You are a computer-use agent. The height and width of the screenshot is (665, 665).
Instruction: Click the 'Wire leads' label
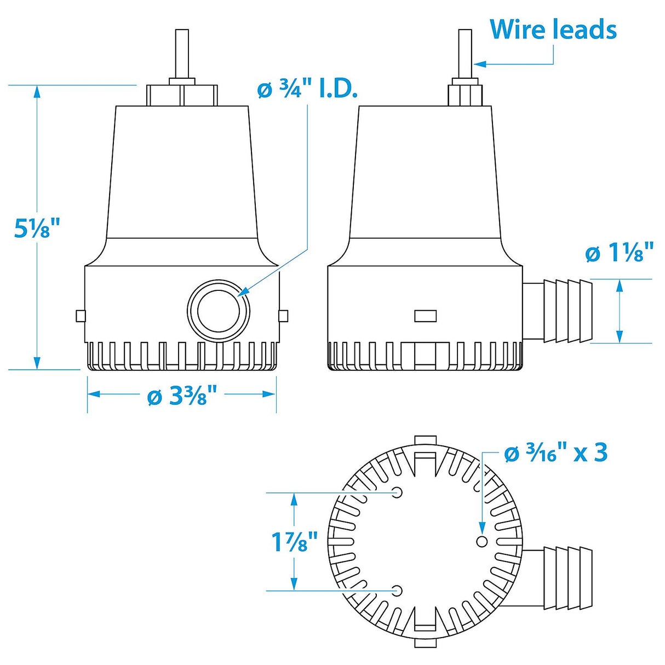tap(553, 30)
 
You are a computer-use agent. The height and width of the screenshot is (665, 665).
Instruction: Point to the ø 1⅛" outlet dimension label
tap(619, 253)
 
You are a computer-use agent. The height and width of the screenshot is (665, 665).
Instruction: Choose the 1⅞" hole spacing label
tap(295, 542)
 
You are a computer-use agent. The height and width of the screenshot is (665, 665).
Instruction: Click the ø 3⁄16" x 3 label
tap(555, 454)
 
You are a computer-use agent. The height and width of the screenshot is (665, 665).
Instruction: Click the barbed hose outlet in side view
tap(567, 311)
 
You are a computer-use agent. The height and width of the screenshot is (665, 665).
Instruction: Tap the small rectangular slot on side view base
tap(425, 316)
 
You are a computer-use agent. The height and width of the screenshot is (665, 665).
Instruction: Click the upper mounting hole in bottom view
tap(398, 492)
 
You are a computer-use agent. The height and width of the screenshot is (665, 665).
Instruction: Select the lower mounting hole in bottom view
tap(398, 590)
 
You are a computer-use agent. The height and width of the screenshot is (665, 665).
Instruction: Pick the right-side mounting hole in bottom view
tap(482, 541)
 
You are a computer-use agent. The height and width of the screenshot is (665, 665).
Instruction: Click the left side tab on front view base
tap(81, 316)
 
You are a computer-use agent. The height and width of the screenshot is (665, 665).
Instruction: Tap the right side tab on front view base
tap(283, 316)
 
